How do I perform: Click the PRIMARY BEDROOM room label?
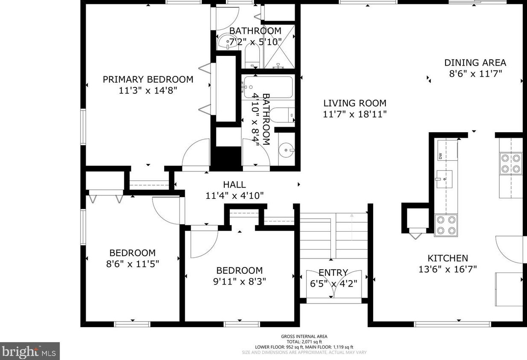(148, 79)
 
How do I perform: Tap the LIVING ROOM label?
(355, 103)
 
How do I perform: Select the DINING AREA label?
(475, 63)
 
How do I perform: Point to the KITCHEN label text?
(448, 258)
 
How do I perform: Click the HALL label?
(235, 185)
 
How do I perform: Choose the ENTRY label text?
(333, 273)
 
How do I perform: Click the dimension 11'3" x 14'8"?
(148, 90)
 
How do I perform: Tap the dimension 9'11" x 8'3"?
(240, 282)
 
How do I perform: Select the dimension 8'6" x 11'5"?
(133, 264)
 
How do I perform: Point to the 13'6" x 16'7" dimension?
(448, 269)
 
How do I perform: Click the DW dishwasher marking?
(440, 156)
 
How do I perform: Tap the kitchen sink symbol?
(444, 179)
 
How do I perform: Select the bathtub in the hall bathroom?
(269, 87)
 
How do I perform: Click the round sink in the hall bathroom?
(287, 150)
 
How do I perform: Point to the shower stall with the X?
(279, 46)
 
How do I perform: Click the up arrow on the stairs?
(352, 226)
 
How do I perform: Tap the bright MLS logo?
(29, 351)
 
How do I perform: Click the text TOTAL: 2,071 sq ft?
(304, 342)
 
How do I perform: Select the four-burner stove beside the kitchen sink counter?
(446, 225)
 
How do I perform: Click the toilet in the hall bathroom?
(282, 115)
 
